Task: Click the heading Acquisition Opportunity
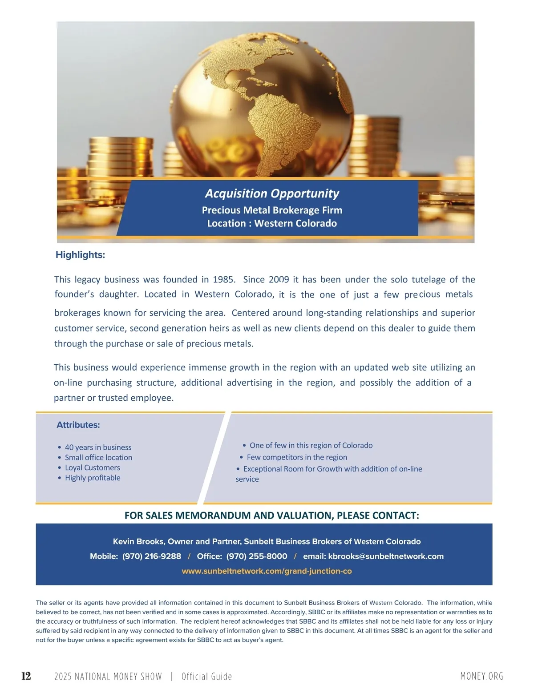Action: (272, 193)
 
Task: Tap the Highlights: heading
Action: (80, 255)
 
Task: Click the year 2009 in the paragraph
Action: (279, 279)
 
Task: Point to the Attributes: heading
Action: (78, 425)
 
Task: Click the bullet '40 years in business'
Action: (98, 447)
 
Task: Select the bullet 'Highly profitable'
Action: (93, 478)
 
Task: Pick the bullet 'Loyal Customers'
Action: (93, 467)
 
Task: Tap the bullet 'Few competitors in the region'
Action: (297, 457)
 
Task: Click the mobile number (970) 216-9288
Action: (152, 556)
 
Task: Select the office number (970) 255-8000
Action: (257, 556)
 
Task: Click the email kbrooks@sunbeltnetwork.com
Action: (386, 556)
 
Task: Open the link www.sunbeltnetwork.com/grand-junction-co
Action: (267, 571)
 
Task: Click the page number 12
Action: (26, 676)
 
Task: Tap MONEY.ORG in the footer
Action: (482, 676)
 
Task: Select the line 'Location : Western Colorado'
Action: (272, 223)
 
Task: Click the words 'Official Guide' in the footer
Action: (206, 677)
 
